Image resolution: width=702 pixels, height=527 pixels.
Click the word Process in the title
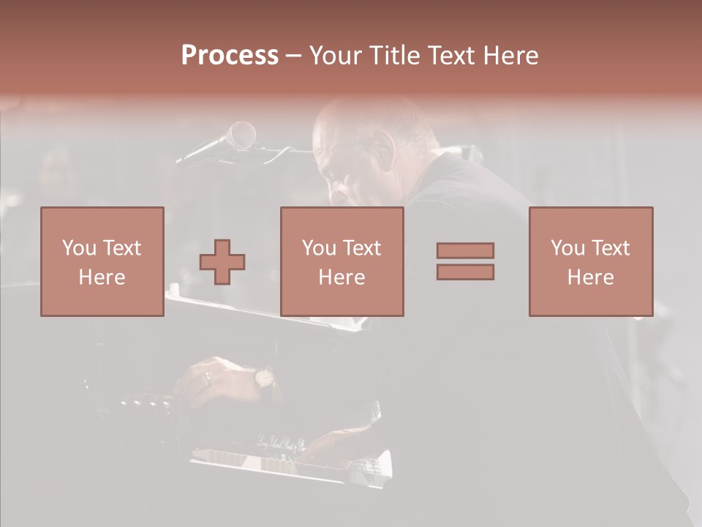[230, 56]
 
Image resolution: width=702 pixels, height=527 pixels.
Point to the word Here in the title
[510, 56]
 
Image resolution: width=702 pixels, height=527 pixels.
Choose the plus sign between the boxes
[222, 262]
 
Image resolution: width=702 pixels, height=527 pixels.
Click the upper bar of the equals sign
[465, 250]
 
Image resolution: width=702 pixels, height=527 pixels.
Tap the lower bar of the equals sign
[465, 272]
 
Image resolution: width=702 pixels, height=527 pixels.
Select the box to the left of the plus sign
[102, 261]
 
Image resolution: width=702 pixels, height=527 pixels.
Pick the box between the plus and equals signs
[341, 261]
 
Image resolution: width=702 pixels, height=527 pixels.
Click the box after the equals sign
[590, 261]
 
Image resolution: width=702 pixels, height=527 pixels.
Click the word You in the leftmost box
[78, 247]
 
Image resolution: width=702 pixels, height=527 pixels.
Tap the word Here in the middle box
[341, 277]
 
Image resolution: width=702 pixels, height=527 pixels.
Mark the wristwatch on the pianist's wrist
[263, 378]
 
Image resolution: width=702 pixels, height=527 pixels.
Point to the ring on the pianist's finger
[208, 378]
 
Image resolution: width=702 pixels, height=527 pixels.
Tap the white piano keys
[292, 466]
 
